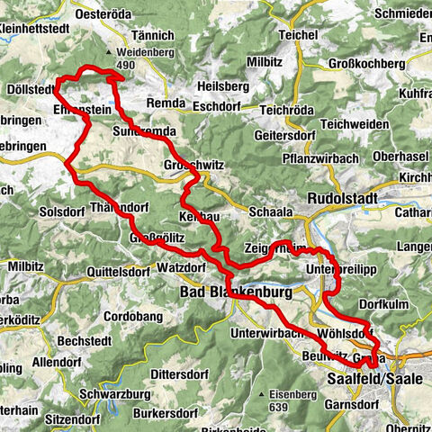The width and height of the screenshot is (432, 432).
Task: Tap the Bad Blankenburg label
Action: pyautogui.click(x=218, y=292)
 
